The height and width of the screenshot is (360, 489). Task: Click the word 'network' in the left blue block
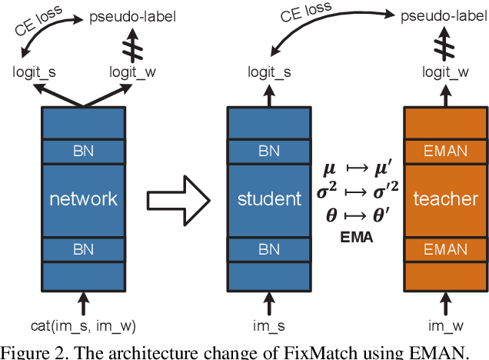coord(83,198)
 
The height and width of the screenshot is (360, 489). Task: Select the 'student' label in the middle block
coord(269,198)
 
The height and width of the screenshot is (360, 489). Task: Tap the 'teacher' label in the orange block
coord(445,198)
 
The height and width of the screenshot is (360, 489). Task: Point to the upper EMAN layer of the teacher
coord(445,152)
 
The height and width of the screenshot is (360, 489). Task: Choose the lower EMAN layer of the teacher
coord(445,249)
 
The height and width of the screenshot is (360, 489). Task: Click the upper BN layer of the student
coord(269,152)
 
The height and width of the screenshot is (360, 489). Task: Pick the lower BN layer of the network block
coord(83,249)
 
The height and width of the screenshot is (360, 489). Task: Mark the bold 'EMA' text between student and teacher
coord(357,238)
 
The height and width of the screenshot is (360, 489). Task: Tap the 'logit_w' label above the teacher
coord(445,72)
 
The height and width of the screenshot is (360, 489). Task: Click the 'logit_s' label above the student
coord(269,72)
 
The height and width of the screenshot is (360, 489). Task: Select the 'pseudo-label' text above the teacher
coord(445,15)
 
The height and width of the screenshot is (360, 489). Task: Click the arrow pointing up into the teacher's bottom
coord(445,302)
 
